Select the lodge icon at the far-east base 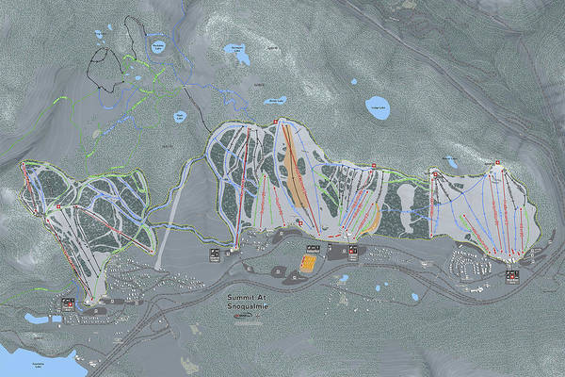click(512, 276)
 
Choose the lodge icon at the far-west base click(68, 303)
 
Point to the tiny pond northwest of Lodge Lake click(353, 82)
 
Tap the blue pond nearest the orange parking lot click(343, 279)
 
